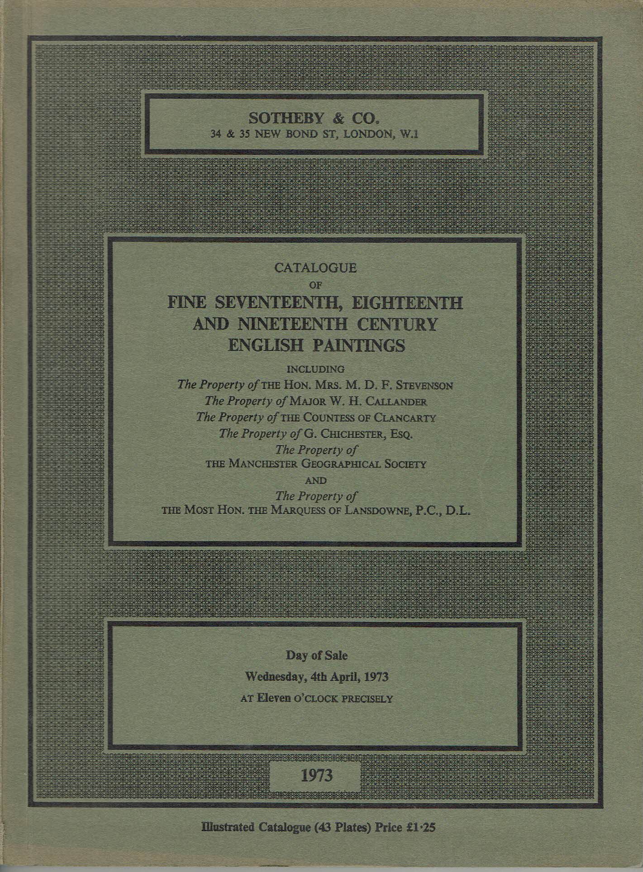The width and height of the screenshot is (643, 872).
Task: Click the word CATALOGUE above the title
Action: [313, 268]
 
